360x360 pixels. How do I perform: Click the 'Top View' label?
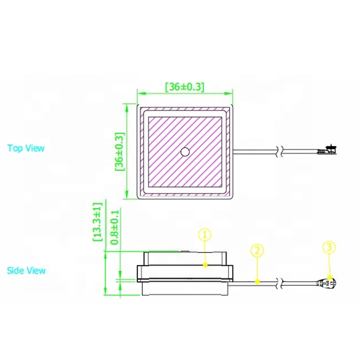point(26,148)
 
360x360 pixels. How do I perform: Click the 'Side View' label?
point(26,271)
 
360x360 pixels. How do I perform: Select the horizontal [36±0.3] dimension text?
point(184,87)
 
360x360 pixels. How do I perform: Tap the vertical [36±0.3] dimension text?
point(120,151)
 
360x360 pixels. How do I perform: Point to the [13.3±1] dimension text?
point(97,222)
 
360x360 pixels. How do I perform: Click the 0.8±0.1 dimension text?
point(115,227)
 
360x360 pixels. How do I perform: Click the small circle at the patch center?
point(185,152)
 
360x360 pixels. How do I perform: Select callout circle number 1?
point(205,235)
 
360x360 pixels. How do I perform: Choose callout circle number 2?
point(257,250)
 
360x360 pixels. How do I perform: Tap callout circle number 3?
point(329,247)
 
